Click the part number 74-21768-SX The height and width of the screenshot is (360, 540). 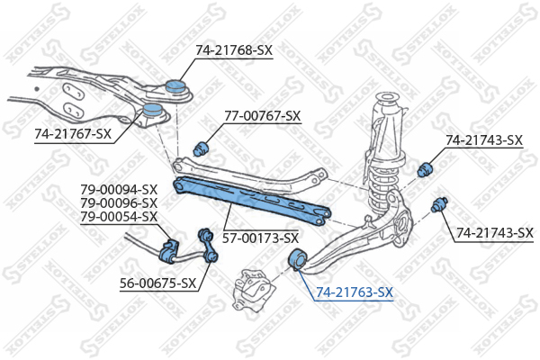click(234, 50)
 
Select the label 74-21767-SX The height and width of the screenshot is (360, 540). click(73, 134)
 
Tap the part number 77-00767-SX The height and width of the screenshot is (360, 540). click(263, 116)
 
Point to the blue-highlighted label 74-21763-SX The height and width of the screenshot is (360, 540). click(355, 292)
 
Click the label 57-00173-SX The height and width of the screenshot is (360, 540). click(260, 238)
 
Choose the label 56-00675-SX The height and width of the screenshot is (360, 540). click(158, 283)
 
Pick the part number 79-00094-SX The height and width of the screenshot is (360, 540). click(119, 190)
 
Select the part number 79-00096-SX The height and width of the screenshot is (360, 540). click(119, 202)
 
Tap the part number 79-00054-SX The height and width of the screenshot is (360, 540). click(119, 217)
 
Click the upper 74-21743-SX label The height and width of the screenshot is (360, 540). click(484, 140)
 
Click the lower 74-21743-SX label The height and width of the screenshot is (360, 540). click(495, 233)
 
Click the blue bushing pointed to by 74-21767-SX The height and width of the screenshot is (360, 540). click(152, 110)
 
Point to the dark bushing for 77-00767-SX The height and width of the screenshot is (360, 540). click(201, 148)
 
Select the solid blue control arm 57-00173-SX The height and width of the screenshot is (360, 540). click(252, 200)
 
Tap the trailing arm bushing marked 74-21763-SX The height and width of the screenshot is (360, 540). click(296, 258)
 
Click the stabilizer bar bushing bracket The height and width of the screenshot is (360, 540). click(168, 251)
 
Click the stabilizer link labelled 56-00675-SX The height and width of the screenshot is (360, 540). click(208, 246)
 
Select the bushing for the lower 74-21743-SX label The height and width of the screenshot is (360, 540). click(439, 204)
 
